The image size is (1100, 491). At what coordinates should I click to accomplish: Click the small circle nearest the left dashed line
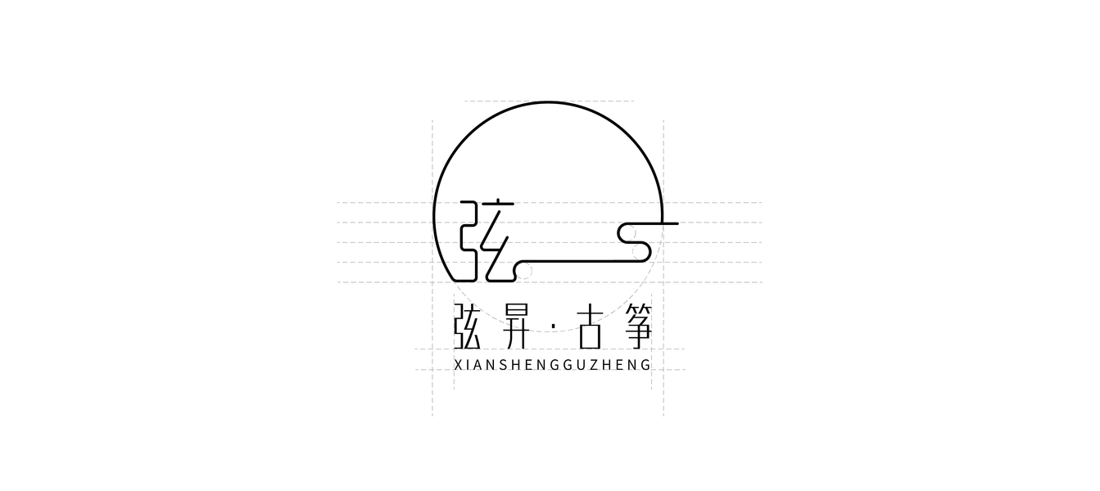point(524,271)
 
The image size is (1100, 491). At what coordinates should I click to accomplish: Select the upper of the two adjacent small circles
point(628,233)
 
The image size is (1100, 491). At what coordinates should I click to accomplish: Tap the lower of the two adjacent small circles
point(640,251)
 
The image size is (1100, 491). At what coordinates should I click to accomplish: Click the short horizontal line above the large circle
point(549,101)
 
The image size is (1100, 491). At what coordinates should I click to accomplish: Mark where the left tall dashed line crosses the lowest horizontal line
point(432,370)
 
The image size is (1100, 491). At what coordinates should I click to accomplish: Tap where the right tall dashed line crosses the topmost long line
point(663,202)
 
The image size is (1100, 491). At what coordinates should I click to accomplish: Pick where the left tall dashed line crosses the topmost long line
point(432,202)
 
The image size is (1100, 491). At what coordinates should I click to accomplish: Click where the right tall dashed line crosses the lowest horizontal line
point(663,370)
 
